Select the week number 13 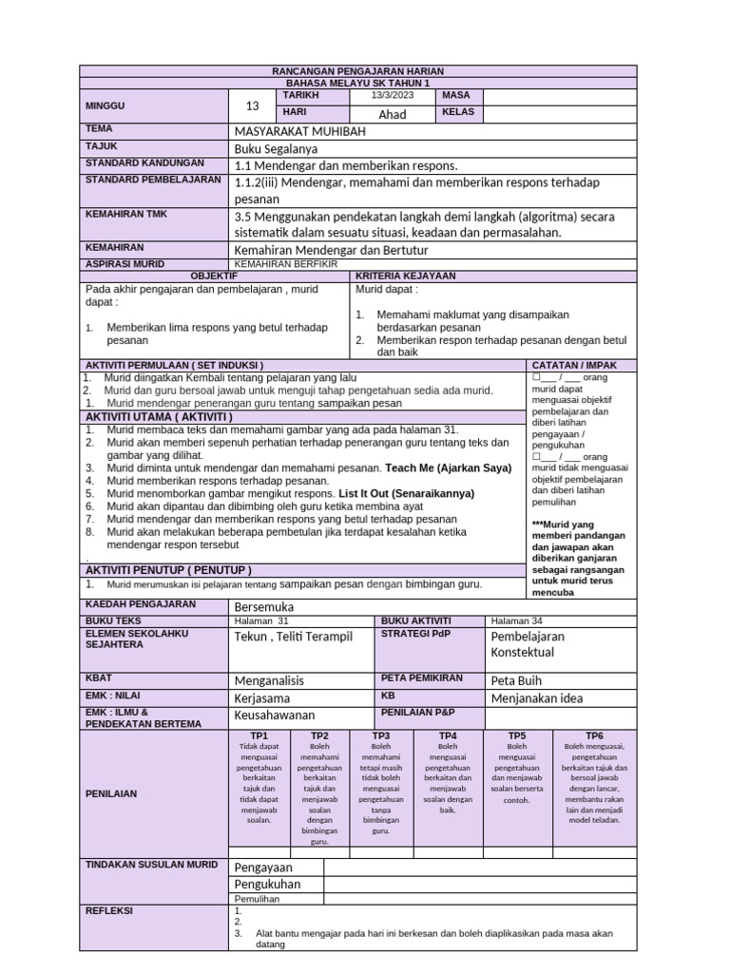click(252, 106)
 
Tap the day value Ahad click(393, 114)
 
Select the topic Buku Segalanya click(277, 149)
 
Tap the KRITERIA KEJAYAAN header click(406, 276)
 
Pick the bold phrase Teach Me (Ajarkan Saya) click(448, 468)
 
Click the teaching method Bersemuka click(264, 606)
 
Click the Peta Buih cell click(515, 680)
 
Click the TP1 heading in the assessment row click(259, 735)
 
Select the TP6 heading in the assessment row click(594, 735)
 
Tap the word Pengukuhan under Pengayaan click(267, 885)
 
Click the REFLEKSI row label click(110, 910)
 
